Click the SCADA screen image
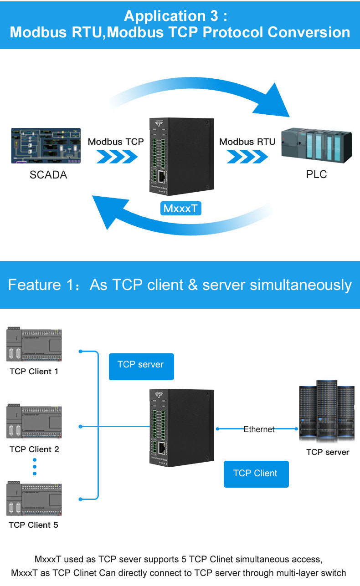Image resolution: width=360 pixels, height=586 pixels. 46,145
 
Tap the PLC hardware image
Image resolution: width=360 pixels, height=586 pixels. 316,145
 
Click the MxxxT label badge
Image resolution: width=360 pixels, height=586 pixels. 181,209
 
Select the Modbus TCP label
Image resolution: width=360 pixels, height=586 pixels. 116,142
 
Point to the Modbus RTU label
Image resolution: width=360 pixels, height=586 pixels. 247,142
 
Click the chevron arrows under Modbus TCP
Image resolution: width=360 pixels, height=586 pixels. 117,157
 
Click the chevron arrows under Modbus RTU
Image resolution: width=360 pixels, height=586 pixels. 247,157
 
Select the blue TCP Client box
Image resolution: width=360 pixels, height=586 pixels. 256,474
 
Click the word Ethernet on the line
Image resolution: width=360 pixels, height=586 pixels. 259,429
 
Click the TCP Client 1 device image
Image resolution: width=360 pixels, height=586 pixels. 34,345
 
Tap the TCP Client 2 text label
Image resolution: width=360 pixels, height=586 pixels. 34,449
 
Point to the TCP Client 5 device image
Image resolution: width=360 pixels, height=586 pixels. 34,499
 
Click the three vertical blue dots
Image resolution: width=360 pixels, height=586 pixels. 34,466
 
